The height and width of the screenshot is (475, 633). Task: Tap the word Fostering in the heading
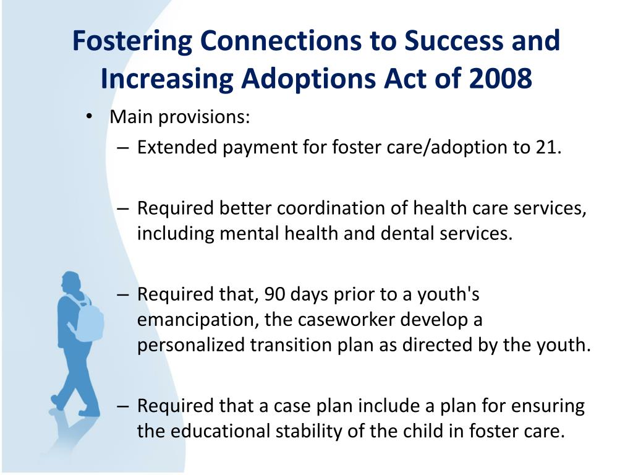[132, 41]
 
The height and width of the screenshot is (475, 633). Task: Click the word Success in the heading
[454, 40]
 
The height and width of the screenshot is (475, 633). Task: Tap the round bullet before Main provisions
[89, 117]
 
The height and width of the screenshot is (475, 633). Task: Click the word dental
[407, 233]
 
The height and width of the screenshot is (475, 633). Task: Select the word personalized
[190, 346]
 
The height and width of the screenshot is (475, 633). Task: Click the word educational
[220, 431]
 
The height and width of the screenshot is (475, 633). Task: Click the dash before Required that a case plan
[123, 406]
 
